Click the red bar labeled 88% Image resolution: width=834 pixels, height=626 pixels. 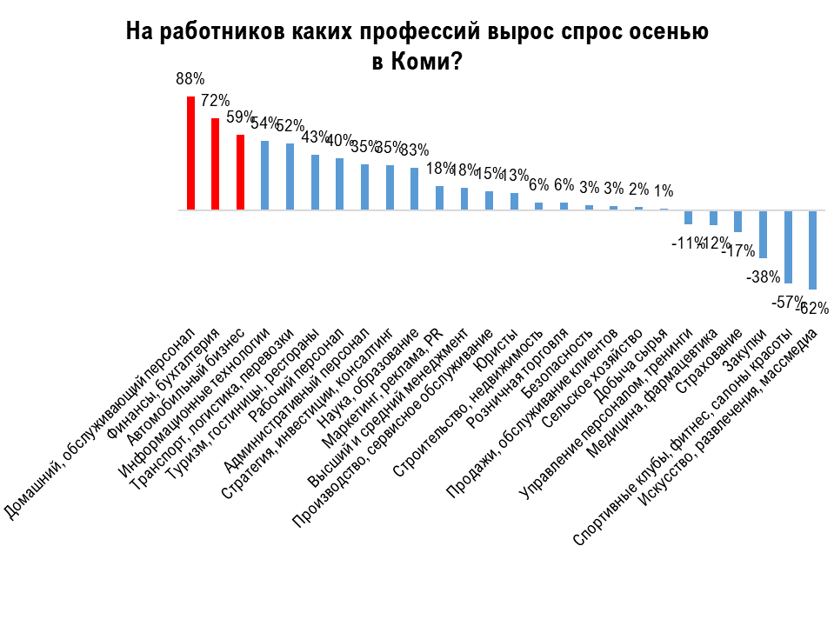(190, 153)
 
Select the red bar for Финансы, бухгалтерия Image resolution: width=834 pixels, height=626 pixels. (215, 164)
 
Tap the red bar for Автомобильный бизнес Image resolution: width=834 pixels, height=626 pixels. (240, 172)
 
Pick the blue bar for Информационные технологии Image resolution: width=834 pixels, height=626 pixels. (265, 175)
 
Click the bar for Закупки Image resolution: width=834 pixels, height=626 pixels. (764, 234)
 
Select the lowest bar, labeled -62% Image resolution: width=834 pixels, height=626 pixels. (813, 250)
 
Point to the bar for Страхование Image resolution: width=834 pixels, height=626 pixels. (738, 221)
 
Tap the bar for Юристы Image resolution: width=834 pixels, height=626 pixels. (514, 201)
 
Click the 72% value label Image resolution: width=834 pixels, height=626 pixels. (215, 101)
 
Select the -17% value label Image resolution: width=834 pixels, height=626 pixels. (738, 251)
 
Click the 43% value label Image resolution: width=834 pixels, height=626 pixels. (315, 137)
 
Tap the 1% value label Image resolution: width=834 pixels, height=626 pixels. (664, 191)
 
